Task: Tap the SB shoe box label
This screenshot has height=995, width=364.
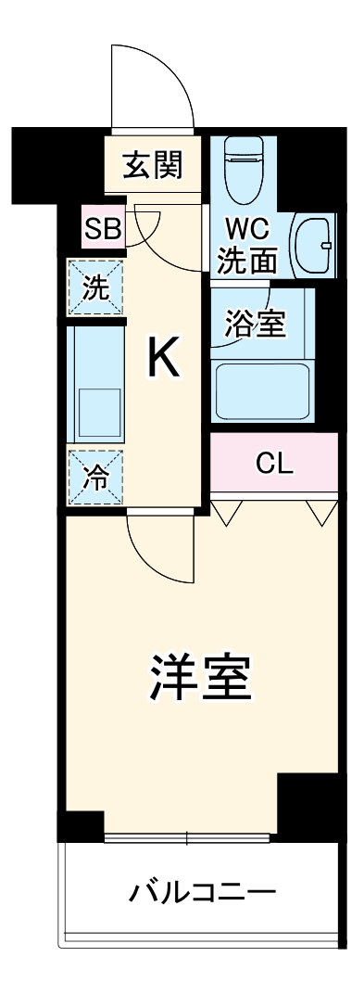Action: pos(103,230)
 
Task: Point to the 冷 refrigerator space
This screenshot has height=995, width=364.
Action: pos(95,478)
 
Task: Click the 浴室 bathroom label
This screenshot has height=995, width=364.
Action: pos(255,324)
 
